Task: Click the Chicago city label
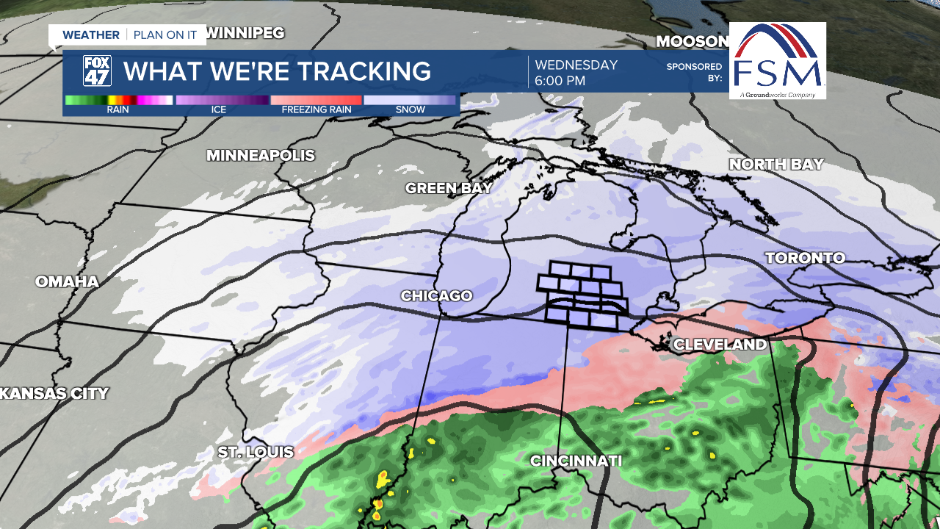[436, 296]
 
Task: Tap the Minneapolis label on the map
[260, 156]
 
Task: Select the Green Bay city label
[449, 189]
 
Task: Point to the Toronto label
[805, 258]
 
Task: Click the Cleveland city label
[720, 345]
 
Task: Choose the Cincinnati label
[576, 461]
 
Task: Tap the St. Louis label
[256, 453]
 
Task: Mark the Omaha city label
[67, 281]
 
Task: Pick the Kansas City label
[55, 394]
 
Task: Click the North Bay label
[776, 165]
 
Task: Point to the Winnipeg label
[245, 33]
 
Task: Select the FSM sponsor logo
[778, 60]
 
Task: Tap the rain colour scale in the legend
[118, 100]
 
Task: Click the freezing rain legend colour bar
[316, 100]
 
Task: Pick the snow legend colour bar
[410, 100]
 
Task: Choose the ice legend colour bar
[222, 100]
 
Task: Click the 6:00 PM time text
[560, 81]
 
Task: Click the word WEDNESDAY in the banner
[576, 65]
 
